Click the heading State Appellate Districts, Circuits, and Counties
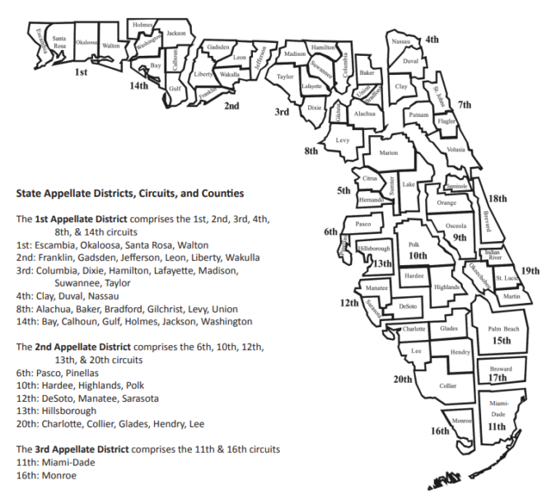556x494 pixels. pyautogui.click(x=130, y=194)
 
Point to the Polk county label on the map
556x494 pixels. pyautogui.click(x=413, y=245)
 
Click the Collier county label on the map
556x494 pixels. pyautogui.click(x=447, y=384)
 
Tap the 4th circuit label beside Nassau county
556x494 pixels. pyautogui.click(x=432, y=40)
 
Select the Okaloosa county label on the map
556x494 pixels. pyautogui.click(x=86, y=42)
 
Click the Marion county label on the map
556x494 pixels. pyautogui.click(x=388, y=153)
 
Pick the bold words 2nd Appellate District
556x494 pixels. pyautogui.click(x=77, y=347)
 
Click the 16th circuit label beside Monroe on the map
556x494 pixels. pyautogui.click(x=440, y=431)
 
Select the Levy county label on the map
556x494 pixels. pyautogui.click(x=343, y=141)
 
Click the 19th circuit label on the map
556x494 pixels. pyautogui.click(x=530, y=271)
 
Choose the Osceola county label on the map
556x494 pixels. pyautogui.click(x=456, y=225)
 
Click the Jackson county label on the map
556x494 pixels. pyautogui.click(x=175, y=33)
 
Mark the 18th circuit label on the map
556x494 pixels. pyautogui.click(x=498, y=199)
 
